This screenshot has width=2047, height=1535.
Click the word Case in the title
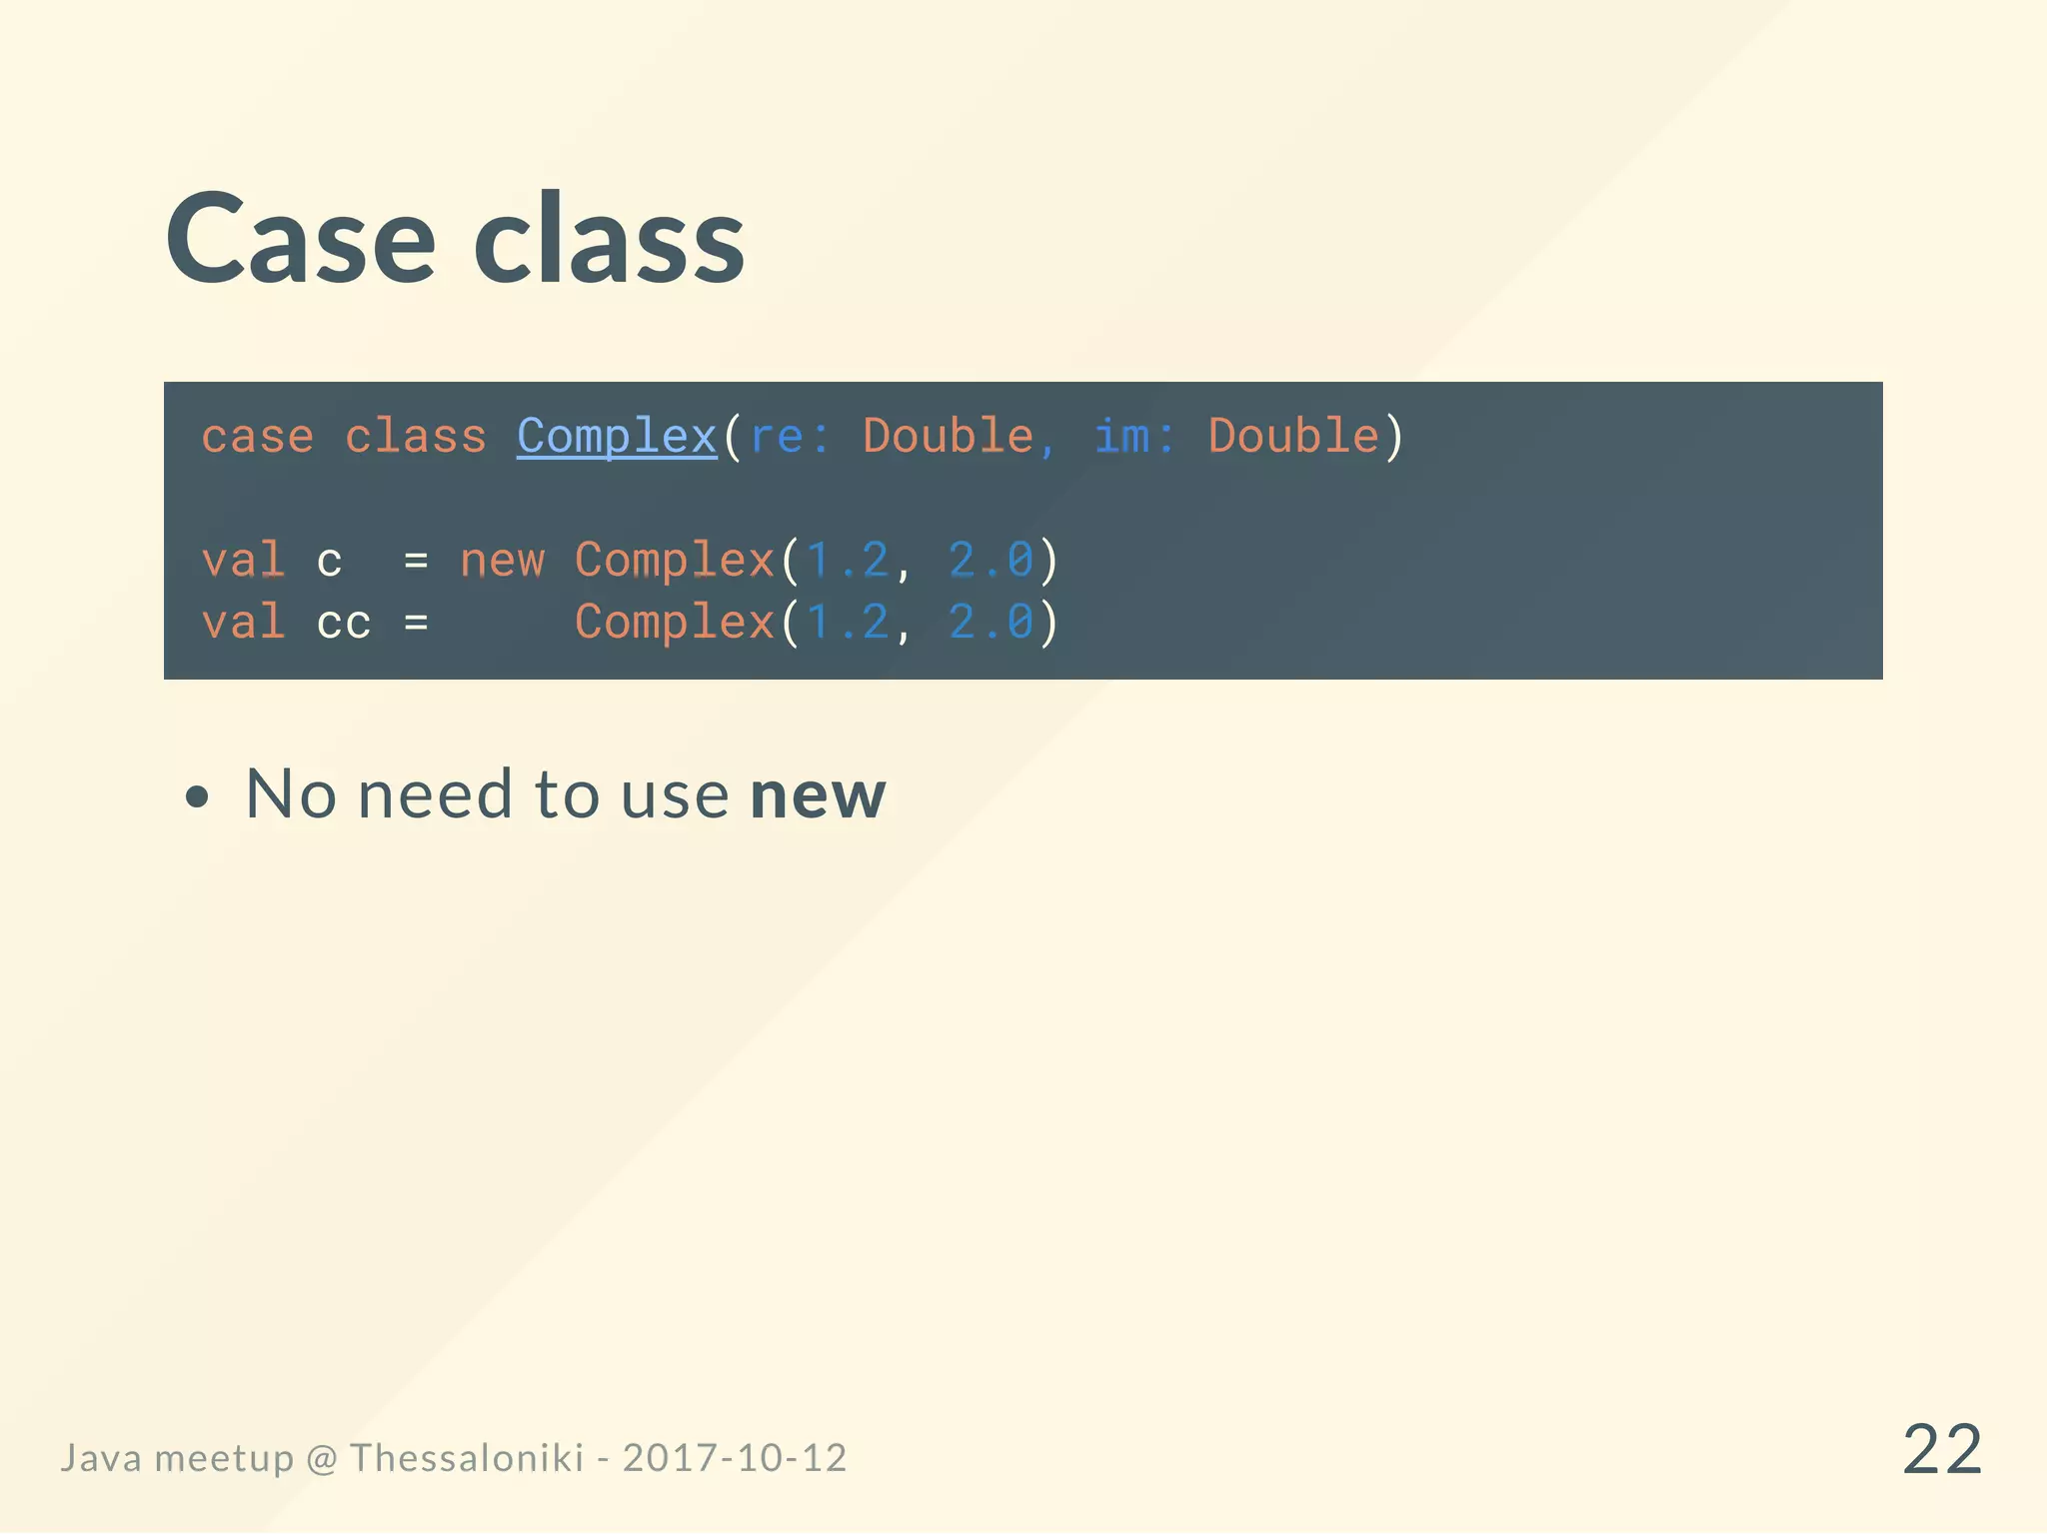click(300, 240)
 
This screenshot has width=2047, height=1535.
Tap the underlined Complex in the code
click(617, 437)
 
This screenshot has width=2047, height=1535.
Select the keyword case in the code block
click(258, 437)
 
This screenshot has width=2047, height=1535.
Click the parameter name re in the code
click(777, 437)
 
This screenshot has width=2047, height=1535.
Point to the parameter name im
click(1121, 437)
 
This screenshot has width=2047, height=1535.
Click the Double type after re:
click(948, 437)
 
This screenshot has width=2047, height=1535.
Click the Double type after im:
click(1293, 437)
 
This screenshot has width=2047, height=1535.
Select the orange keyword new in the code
click(502, 561)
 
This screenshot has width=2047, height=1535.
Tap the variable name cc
click(344, 624)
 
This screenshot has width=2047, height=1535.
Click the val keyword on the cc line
click(243, 624)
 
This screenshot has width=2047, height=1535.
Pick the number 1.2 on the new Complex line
click(848, 561)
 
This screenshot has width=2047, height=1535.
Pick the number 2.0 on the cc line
click(991, 624)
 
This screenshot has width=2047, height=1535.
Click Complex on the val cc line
click(675, 624)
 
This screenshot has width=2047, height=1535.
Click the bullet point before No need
click(198, 797)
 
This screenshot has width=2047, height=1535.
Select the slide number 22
click(1941, 1450)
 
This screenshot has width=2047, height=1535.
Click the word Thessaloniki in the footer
click(466, 1458)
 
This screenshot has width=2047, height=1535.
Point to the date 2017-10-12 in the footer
click(735, 1458)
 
